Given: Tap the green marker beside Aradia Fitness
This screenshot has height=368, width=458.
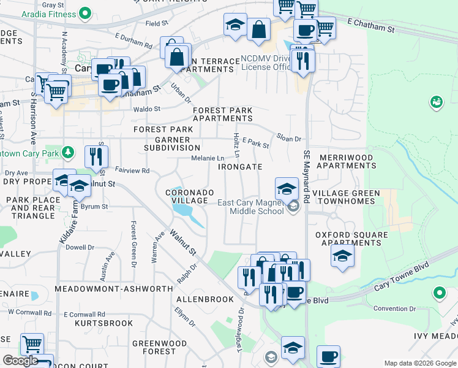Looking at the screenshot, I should point(87,12).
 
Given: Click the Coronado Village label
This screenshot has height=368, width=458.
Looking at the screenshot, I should point(190,196).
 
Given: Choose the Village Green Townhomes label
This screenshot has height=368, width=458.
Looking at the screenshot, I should point(346,197).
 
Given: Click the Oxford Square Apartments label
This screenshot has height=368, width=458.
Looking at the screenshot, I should point(351,239).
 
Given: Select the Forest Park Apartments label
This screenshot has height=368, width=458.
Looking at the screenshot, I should point(222,115).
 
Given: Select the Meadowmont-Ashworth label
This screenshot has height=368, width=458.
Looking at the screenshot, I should point(114,288).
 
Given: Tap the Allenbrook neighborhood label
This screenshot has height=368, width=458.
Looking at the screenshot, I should point(205,299).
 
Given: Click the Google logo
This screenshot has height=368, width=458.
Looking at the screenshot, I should point(20,361).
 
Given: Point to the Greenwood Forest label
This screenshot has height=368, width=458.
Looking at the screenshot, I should point(159,347).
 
